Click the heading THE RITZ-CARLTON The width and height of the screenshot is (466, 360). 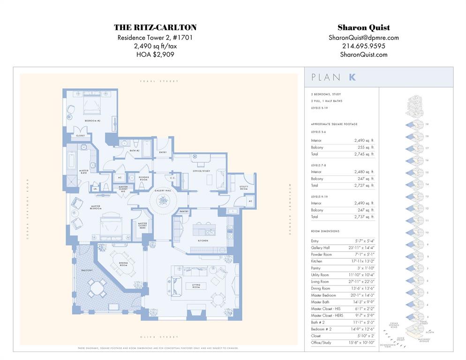[155, 28]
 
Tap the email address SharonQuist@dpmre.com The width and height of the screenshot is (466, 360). [364, 37]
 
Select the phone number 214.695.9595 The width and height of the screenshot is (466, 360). [364, 46]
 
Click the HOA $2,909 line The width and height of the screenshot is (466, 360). [155, 54]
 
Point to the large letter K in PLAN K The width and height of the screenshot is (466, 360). [352, 77]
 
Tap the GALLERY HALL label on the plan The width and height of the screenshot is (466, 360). [163, 191]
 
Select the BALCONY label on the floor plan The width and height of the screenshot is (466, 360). [87, 270]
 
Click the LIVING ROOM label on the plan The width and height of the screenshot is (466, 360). [196, 285]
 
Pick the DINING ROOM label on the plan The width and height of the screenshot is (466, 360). [123, 265]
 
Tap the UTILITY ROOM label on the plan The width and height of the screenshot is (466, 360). [243, 187]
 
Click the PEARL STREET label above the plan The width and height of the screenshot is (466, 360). [159, 82]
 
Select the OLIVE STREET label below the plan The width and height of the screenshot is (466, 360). [159, 337]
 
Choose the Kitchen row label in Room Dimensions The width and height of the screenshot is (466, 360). [317, 261]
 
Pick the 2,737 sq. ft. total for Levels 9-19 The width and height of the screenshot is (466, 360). [364, 217]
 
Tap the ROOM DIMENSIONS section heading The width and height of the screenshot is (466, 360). [324, 232]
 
